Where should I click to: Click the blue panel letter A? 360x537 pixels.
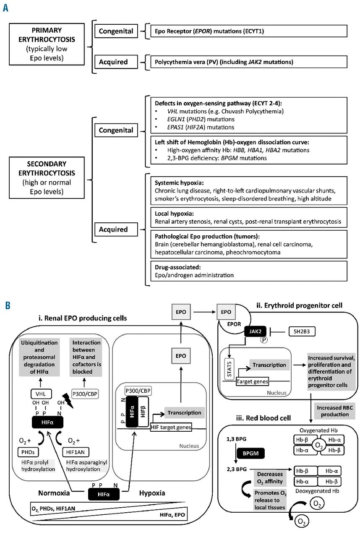6,8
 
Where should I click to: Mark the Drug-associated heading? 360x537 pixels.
173,267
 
